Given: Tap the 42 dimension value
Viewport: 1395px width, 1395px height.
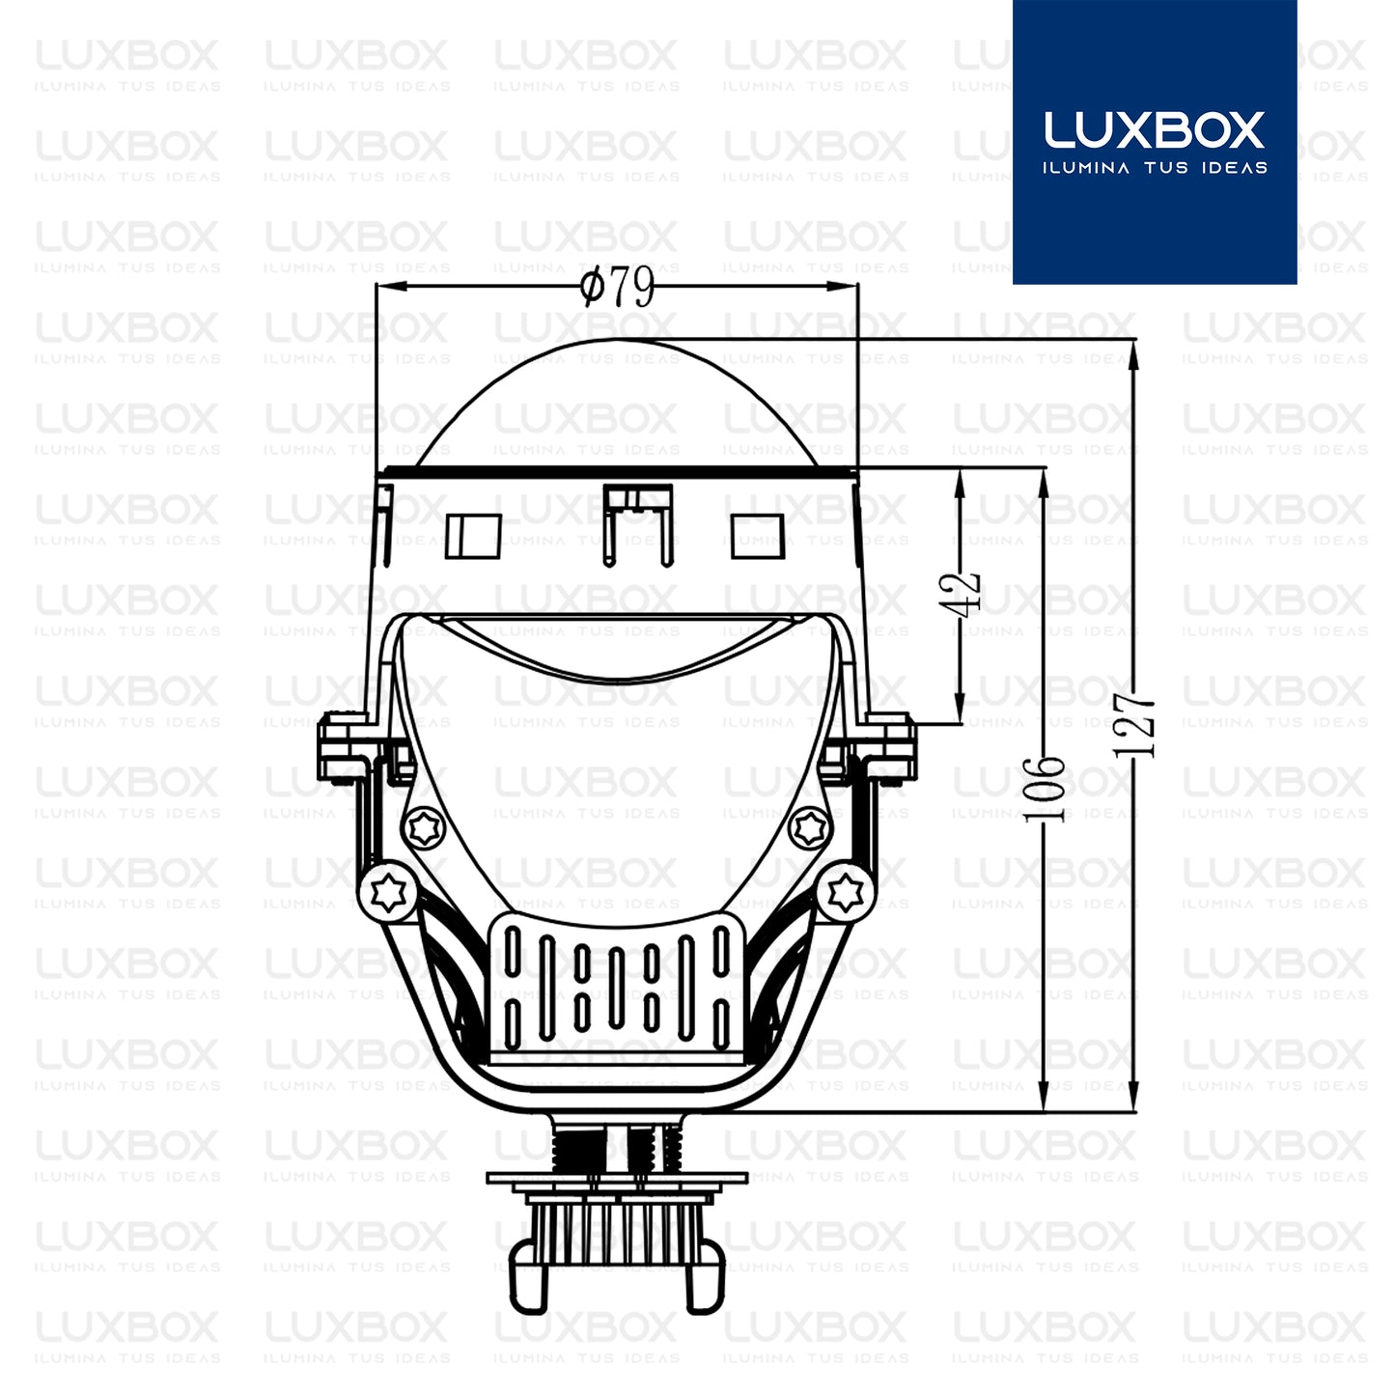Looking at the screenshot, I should [x=969, y=591].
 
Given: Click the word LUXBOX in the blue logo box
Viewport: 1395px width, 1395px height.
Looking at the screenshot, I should [x=1154, y=130].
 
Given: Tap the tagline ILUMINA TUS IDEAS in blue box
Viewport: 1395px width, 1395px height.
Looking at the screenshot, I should [x=1154, y=168].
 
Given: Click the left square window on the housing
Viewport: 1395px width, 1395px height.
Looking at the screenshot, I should [x=473, y=536].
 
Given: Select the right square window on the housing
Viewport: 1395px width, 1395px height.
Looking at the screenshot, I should [x=758, y=536].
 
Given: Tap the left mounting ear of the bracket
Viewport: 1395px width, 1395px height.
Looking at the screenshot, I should [x=340, y=746].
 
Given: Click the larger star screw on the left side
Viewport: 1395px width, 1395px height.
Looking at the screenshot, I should [x=387, y=892].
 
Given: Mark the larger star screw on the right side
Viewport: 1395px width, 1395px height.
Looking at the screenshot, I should [x=846, y=889].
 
